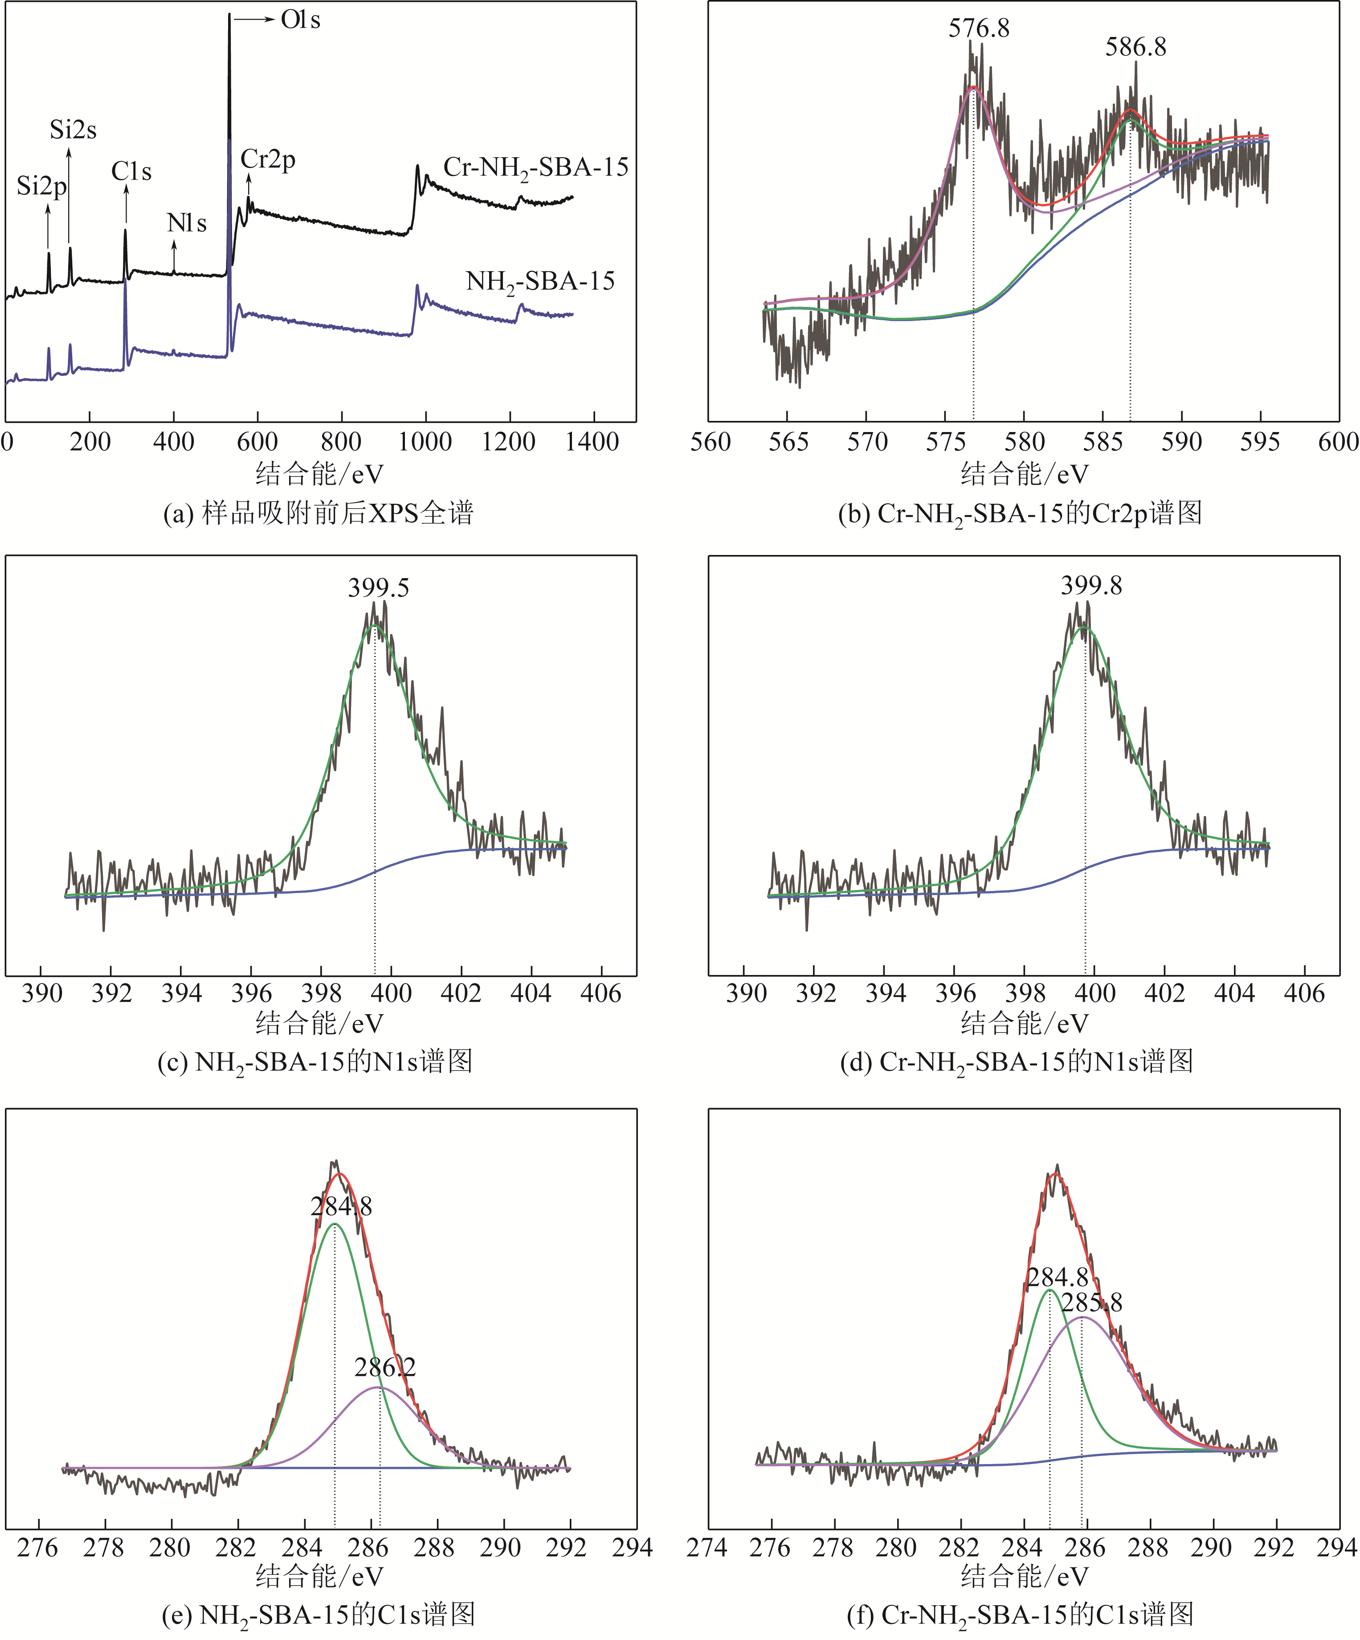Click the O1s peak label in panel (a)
(301, 20)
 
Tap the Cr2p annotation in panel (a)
(268, 159)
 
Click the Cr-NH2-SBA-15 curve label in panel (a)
(536, 168)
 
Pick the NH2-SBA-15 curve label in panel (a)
(540, 282)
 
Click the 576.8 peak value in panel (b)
(979, 29)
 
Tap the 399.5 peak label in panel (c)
(378, 588)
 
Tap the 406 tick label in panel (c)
(601, 993)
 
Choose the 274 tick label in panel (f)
(707, 1547)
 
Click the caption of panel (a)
(318, 513)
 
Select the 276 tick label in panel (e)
(37, 1547)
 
